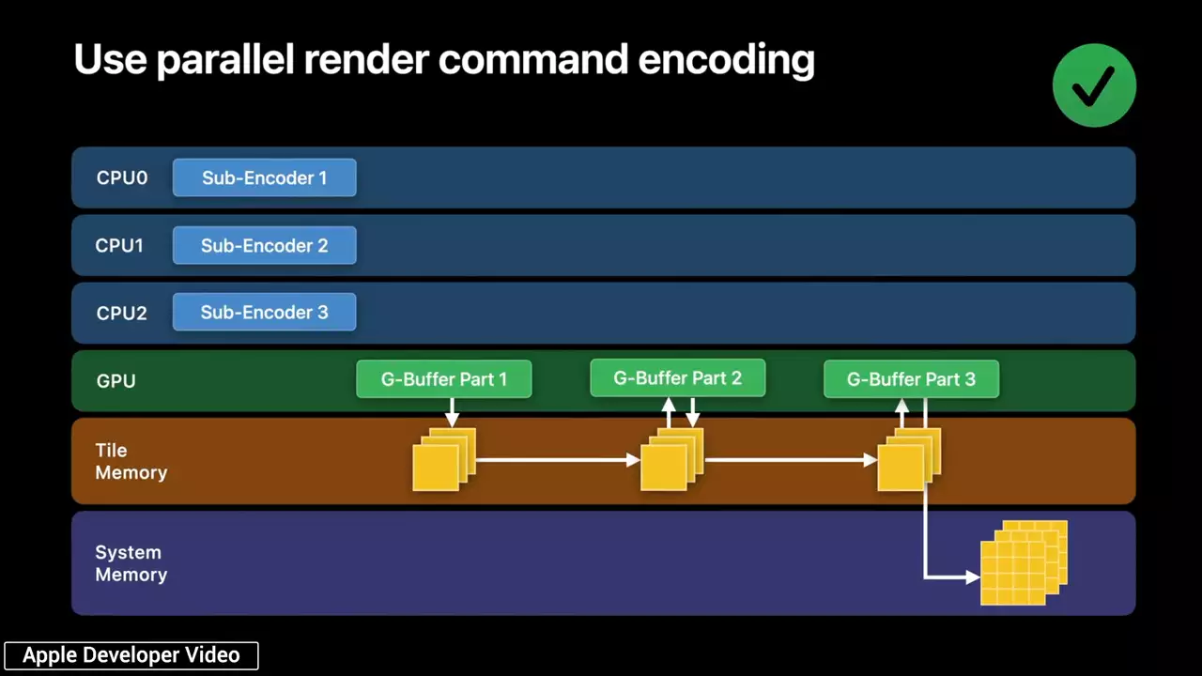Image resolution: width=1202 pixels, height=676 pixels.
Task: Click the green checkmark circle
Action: click(1094, 85)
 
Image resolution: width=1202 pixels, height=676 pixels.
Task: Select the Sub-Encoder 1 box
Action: click(265, 177)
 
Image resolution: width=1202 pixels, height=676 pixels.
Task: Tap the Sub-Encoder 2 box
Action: click(265, 245)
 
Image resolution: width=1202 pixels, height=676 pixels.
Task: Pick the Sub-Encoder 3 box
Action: click(265, 312)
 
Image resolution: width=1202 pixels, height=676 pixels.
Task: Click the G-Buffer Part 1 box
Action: click(444, 378)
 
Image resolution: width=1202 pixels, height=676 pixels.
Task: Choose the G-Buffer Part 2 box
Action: click(678, 377)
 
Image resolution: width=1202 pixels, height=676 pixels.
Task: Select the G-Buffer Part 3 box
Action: click(911, 378)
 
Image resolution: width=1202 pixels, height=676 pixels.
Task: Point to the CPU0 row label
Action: click(122, 177)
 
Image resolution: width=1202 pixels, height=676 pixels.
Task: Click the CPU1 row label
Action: click(119, 245)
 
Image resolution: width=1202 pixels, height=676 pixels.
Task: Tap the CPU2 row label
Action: click(121, 313)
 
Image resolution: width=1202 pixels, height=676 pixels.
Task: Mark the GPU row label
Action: click(116, 380)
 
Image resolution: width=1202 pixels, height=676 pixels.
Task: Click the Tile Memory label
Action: click(131, 461)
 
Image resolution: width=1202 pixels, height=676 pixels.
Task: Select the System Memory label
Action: click(131, 563)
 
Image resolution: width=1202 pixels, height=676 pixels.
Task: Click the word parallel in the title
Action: click(225, 59)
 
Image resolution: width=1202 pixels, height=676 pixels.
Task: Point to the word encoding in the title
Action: click(726, 59)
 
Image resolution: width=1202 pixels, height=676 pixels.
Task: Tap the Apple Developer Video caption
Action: click(131, 655)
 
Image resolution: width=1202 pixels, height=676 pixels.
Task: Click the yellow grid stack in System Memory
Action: click(1024, 562)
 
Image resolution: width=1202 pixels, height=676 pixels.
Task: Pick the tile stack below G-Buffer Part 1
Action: click(444, 459)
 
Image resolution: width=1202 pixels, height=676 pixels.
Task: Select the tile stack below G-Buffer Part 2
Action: click(671, 459)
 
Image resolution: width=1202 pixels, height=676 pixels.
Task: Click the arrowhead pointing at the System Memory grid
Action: click(973, 577)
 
